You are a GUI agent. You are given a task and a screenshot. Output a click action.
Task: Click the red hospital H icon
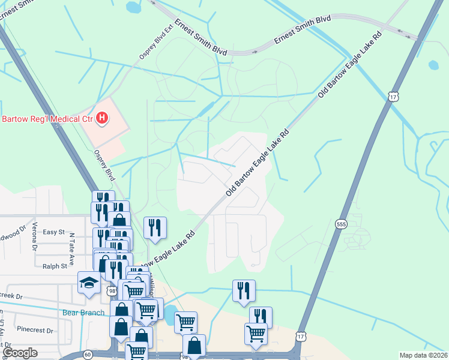coord(102,118)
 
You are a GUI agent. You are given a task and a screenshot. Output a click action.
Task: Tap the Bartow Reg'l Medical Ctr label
coord(45,119)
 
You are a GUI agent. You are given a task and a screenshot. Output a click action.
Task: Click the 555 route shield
coord(341,223)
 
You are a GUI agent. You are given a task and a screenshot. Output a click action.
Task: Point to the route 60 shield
coord(88,355)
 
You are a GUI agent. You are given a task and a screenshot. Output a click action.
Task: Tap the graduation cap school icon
coord(90,283)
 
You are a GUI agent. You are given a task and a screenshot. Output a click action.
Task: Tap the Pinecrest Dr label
coord(36,329)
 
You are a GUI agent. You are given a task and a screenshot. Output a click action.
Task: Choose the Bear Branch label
coord(83,313)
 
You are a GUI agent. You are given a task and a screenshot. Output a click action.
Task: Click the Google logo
coord(20,353)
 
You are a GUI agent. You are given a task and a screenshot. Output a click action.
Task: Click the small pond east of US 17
coord(433,65)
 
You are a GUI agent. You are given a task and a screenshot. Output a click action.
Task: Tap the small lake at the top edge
coord(133,8)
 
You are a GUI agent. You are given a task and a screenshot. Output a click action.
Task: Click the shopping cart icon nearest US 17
coord(256,334)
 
